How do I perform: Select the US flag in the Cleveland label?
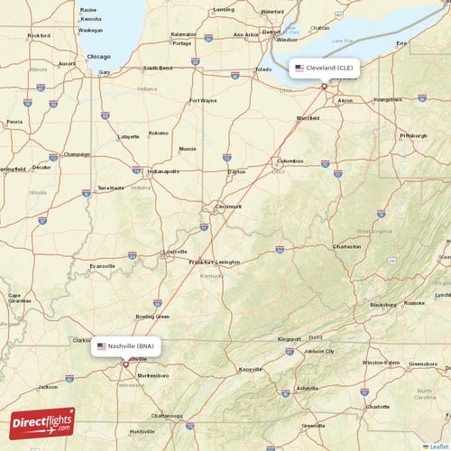point(299,68)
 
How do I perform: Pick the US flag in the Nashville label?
point(101,345)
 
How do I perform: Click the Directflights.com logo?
point(42,422)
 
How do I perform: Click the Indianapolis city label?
point(164,170)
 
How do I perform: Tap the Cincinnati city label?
point(227,207)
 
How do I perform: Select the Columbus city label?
point(291,161)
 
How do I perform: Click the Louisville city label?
point(173,252)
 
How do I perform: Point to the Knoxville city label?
point(250,369)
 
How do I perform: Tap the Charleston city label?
point(346,245)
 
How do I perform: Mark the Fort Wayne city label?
point(202,100)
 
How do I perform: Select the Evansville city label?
point(102,266)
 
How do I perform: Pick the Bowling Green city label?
point(152,317)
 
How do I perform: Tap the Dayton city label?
point(236,171)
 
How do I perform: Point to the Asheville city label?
point(307,388)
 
